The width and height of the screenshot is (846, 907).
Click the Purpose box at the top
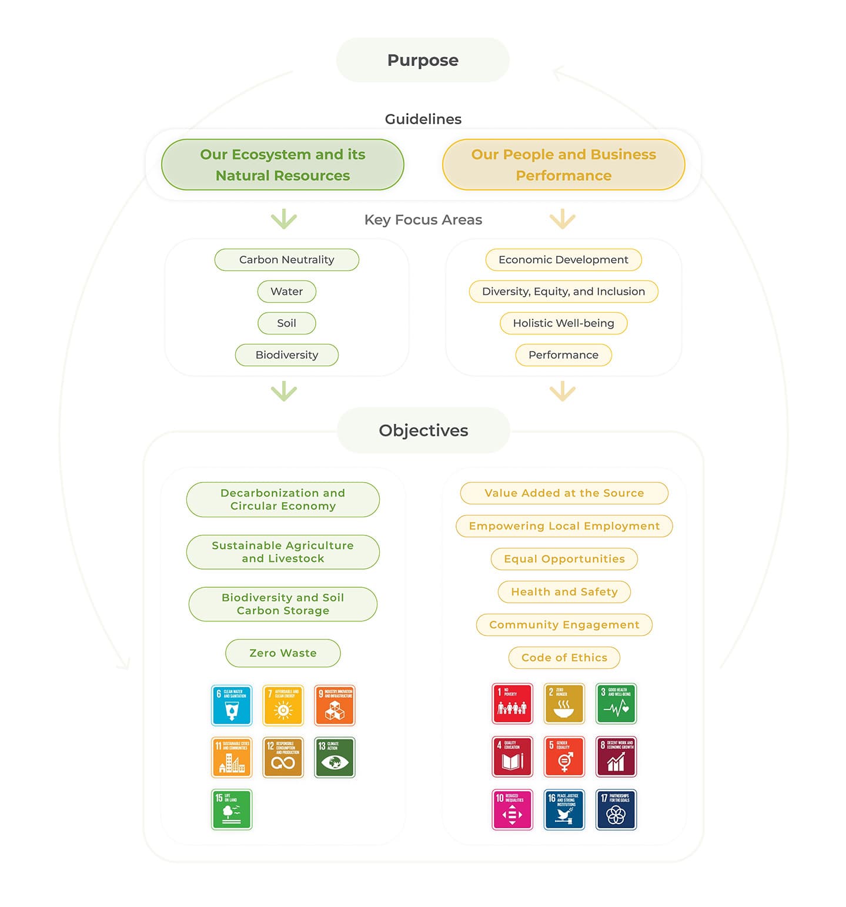423,60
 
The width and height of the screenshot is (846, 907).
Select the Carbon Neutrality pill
286,260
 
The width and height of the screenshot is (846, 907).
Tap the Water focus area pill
286,292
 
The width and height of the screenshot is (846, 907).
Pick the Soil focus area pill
286,323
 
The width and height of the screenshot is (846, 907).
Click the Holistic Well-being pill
563,323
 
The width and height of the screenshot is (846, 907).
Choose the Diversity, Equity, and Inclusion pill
563,292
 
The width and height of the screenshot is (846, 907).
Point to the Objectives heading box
423,430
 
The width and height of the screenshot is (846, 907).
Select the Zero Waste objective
283,653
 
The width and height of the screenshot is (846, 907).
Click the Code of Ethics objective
564,658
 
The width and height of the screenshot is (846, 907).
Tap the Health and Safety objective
564,592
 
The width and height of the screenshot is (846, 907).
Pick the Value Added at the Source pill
564,493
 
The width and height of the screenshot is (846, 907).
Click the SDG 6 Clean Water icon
232,705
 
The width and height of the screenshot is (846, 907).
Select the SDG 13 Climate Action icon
335,757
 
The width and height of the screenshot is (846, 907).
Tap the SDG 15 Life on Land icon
232,809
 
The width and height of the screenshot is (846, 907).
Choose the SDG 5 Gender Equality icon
564,757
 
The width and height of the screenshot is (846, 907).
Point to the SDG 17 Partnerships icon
616,809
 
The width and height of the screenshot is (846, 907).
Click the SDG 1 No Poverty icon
512,704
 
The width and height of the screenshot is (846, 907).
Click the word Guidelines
423,119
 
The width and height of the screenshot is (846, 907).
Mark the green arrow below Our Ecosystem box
284,219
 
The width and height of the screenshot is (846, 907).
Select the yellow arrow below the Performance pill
563,391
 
